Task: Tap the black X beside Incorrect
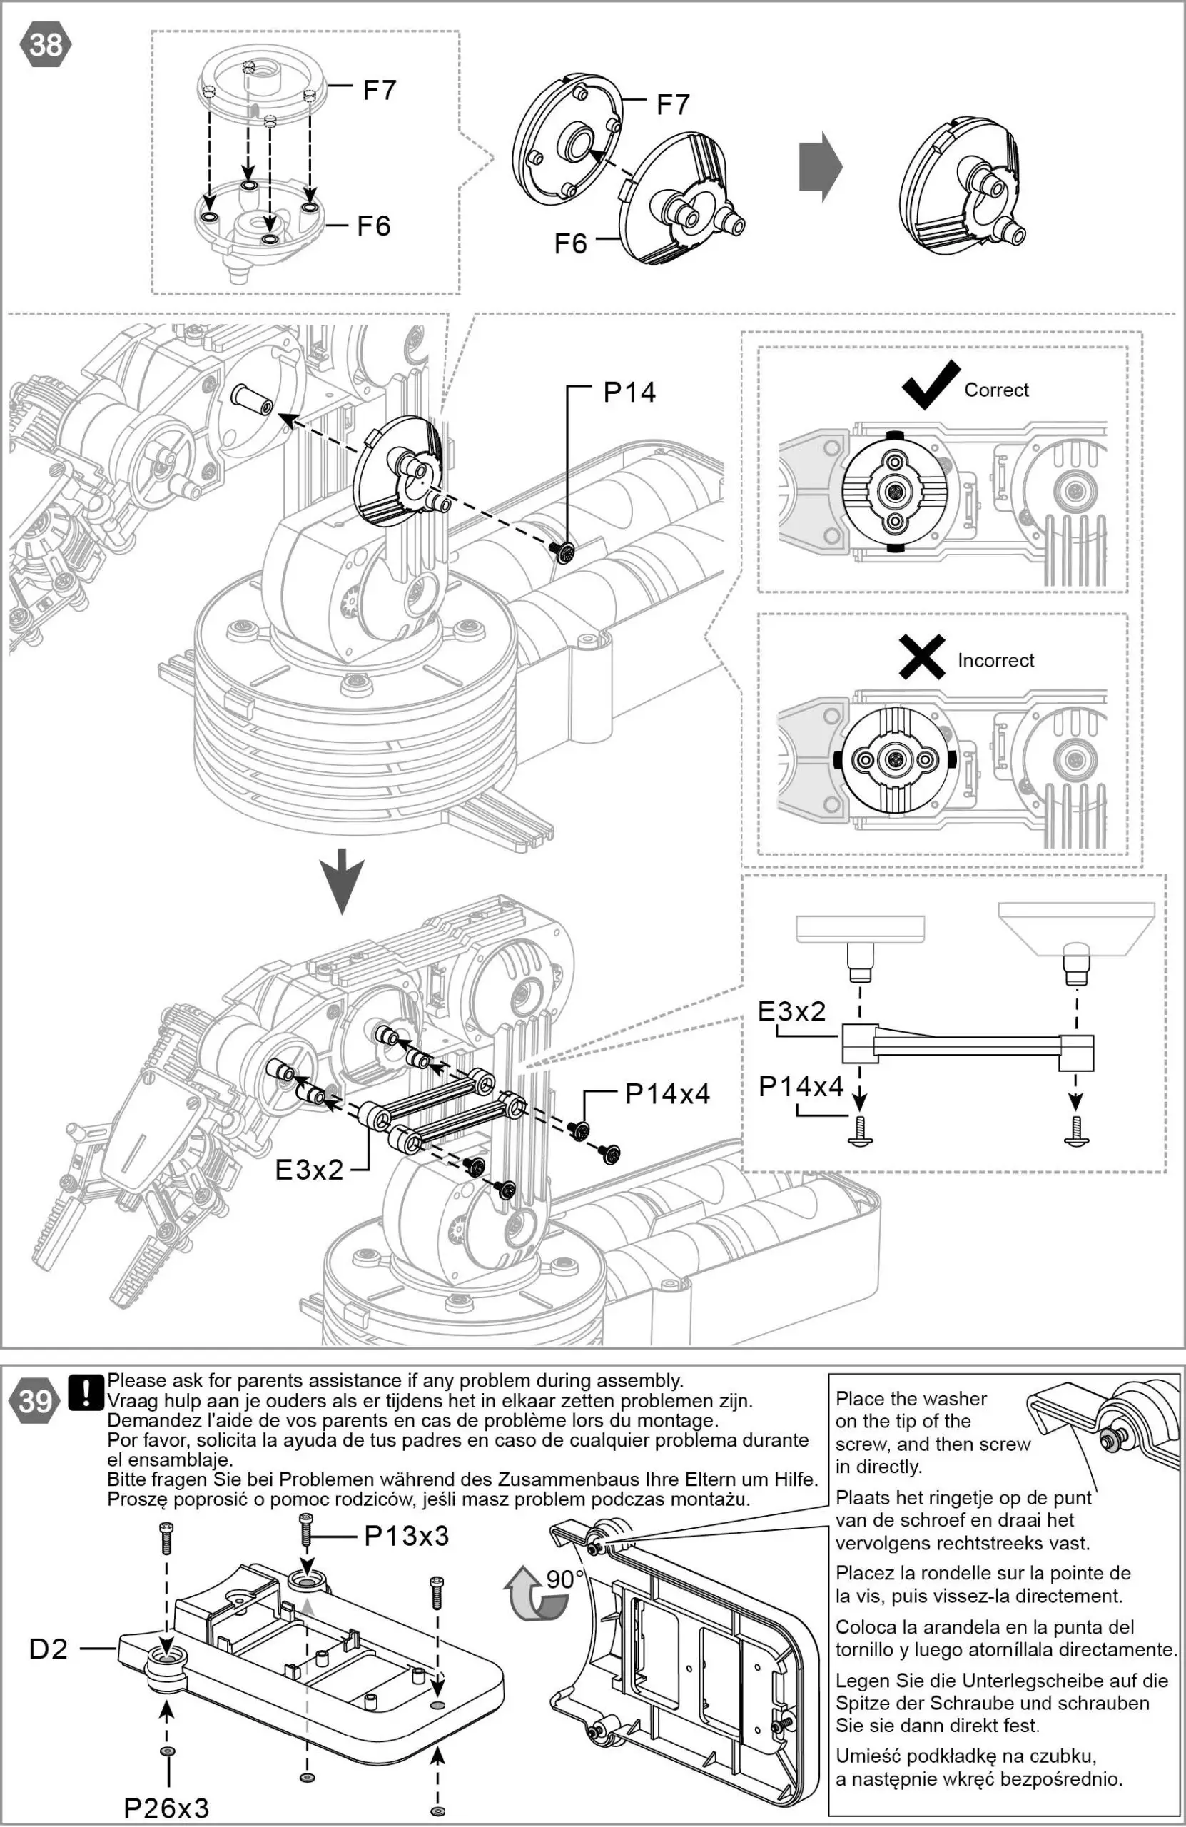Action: [x=922, y=657]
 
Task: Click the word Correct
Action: [x=995, y=390]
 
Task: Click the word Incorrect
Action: [x=995, y=660]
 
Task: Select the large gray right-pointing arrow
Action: [x=820, y=166]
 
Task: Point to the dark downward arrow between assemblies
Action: [x=342, y=881]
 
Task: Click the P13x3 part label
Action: [x=406, y=1536]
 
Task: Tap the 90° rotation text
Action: [x=566, y=1579]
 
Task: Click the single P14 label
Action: [x=629, y=393]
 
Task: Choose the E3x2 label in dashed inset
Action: [x=791, y=1012]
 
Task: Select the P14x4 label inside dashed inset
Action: [x=801, y=1086]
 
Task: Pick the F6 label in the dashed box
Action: [x=373, y=226]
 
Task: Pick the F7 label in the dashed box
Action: [x=379, y=91]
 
